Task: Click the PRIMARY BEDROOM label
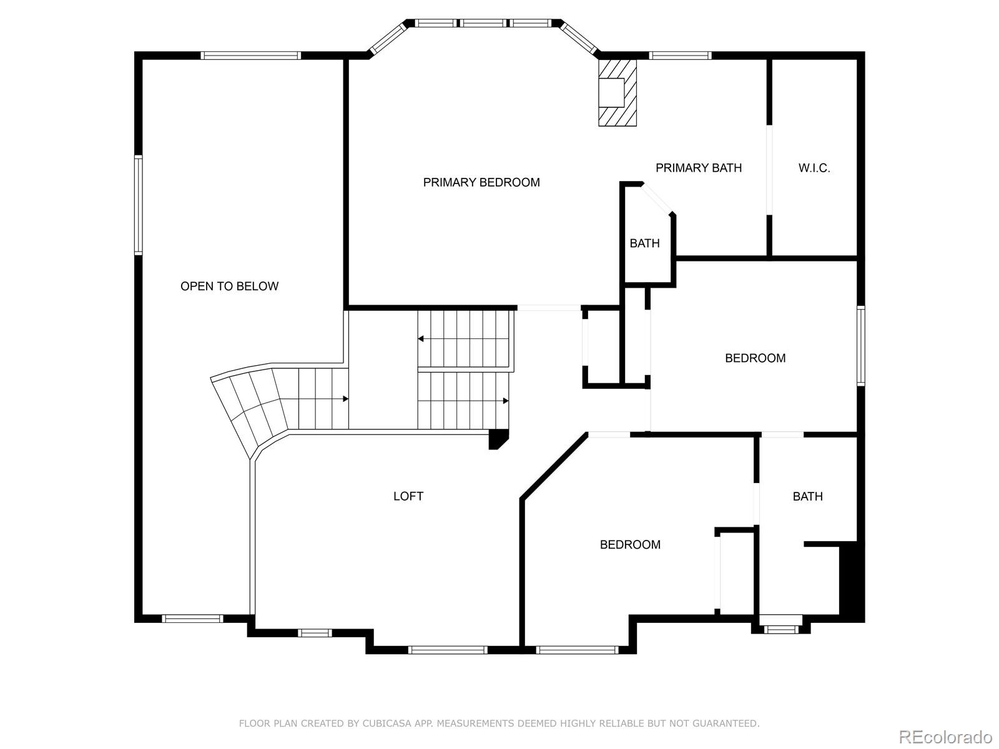pos(481,182)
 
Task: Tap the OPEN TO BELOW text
pos(229,286)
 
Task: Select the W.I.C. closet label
pos(814,168)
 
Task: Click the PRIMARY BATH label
pos(698,168)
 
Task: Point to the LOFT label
pos(408,496)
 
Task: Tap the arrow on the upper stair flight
pos(421,339)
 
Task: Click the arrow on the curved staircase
pos(345,399)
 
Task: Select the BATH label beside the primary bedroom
pos(644,243)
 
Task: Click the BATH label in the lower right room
pos(807,496)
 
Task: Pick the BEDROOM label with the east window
pos(755,358)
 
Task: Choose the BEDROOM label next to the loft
pos(629,544)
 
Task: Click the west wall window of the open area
pos(139,205)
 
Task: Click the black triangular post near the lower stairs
pos(498,439)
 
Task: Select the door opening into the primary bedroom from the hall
pos(549,308)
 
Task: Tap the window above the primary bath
pos(679,56)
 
